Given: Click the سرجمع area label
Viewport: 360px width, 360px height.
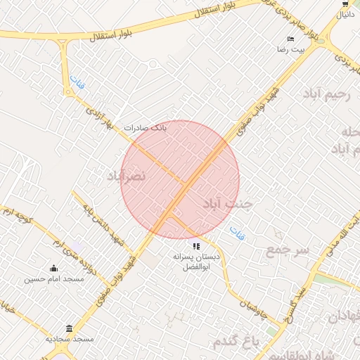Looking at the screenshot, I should coord(287,250).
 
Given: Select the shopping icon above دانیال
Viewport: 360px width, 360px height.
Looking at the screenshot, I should coord(345,4).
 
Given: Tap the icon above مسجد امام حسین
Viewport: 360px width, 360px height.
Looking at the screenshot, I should coord(54,268).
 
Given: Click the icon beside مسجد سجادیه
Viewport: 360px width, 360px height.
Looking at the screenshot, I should coord(69,328).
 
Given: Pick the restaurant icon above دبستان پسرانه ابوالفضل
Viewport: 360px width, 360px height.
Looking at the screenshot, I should coord(196,246).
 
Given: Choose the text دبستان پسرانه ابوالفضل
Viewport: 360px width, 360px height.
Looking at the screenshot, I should coord(196,263).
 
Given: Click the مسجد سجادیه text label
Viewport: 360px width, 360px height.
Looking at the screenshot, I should coord(70,339).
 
